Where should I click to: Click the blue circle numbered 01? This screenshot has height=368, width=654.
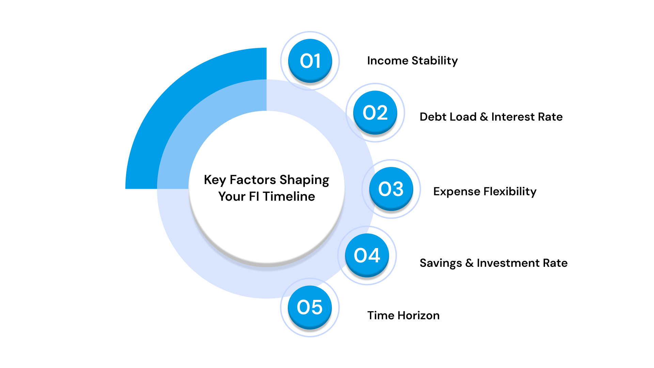pyautogui.click(x=310, y=61)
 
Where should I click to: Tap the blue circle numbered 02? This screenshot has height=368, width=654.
pyautogui.click(x=375, y=112)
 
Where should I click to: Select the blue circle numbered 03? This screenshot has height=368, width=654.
pyautogui.click(x=391, y=189)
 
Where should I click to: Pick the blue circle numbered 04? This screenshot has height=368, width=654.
pyautogui.click(x=367, y=255)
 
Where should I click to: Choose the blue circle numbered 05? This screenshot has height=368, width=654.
pyautogui.click(x=310, y=307)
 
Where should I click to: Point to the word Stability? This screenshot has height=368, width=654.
pyautogui.click(x=435, y=61)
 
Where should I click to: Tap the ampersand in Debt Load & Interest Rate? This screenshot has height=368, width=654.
pyautogui.click(x=484, y=117)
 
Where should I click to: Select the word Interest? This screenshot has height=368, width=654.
pyautogui.click(x=513, y=117)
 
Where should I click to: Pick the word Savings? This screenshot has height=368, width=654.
pyautogui.click(x=441, y=263)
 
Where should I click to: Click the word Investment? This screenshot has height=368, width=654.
pyautogui.click(x=508, y=263)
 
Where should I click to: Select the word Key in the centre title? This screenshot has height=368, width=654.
pyautogui.click(x=215, y=180)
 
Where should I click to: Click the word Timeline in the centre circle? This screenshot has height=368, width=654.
pyautogui.click(x=289, y=197)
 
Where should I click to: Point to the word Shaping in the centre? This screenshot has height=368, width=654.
pyautogui.click(x=304, y=180)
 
